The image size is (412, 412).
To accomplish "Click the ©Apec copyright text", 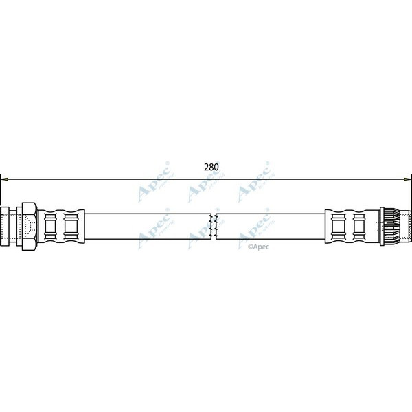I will (258, 245).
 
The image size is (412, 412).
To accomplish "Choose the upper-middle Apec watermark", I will (204, 190).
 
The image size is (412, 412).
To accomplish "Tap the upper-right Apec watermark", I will (253, 190).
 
